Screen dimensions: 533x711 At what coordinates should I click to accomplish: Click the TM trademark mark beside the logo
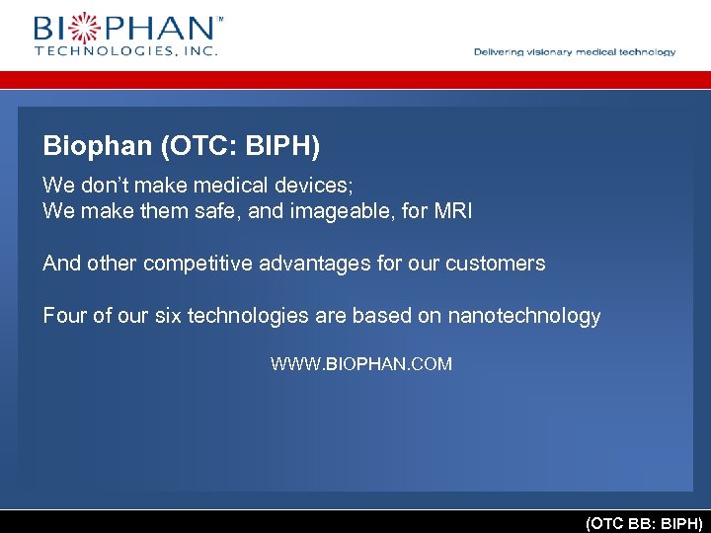tap(219, 18)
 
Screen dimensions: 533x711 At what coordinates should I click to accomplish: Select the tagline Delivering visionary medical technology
tap(575, 52)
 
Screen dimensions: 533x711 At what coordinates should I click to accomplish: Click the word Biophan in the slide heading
tap(97, 147)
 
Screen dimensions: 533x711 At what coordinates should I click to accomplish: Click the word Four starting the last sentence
tap(62, 316)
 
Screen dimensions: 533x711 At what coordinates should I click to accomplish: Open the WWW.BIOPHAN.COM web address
tap(361, 364)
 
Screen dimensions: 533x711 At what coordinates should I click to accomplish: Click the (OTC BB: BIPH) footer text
tap(644, 522)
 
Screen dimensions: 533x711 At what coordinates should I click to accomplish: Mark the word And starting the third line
tap(61, 264)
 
